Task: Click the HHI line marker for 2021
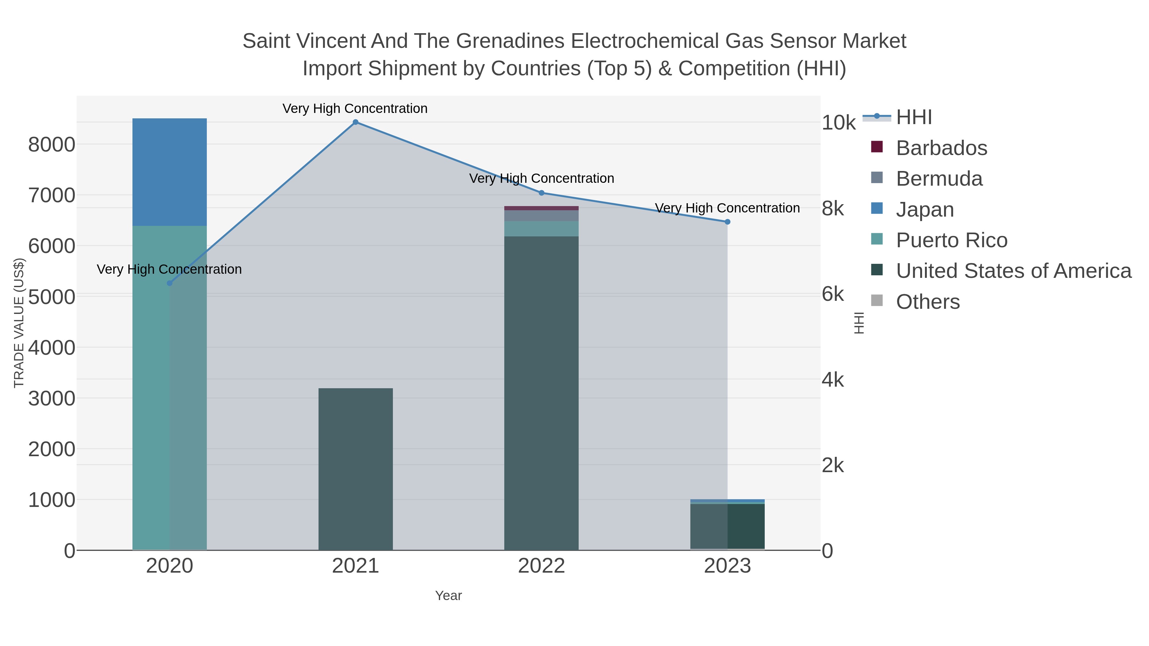click(x=356, y=122)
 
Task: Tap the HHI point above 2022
click(x=542, y=193)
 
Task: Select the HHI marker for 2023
click(x=727, y=222)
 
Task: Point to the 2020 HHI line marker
click(x=169, y=283)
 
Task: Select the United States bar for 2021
click(x=356, y=468)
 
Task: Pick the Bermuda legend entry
click(x=939, y=179)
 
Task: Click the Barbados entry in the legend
click(x=941, y=148)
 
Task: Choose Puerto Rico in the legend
click(x=951, y=240)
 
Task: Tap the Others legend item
click(x=928, y=302)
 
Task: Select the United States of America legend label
click(x=1013, y=271)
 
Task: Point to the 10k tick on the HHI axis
click(x=838, y=123)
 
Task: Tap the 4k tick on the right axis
click(x=833, y=380)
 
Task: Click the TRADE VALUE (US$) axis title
click(x=19, y=323)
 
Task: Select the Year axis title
click(x=448, y=596)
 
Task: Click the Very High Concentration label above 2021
click(x=355, y=109)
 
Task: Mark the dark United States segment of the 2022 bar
click(x=542, y=392)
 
